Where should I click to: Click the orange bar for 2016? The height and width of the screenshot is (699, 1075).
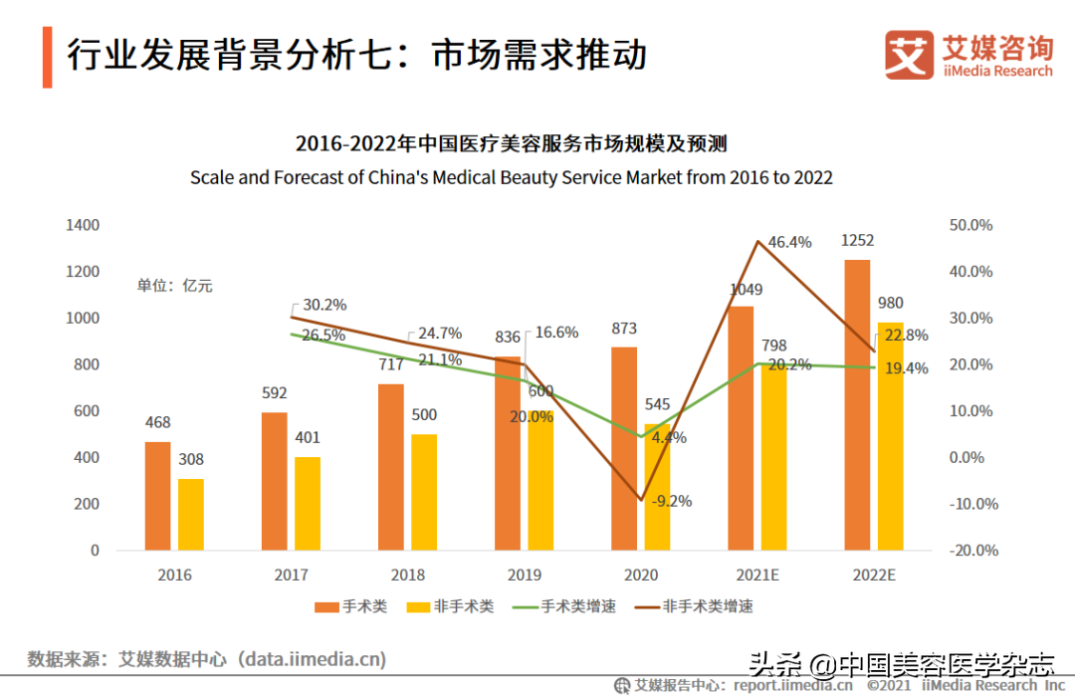point(157,496)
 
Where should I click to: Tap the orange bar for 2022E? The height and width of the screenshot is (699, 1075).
point(857,404)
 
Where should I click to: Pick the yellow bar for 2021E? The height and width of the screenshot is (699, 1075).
point(774,457)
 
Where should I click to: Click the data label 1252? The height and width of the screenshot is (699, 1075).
point(857,240)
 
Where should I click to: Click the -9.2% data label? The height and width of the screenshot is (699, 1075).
point(671,501)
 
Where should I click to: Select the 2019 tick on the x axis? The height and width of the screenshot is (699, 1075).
point(525,575)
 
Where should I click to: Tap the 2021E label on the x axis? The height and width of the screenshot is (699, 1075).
point(757,575)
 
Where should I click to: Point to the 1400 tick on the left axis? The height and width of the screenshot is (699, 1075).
point(83,225)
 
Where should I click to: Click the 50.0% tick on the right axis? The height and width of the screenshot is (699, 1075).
point(972,225)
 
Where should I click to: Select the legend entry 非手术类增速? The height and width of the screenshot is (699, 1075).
point(707,605)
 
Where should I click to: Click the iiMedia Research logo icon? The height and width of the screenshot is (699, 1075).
point(909,56)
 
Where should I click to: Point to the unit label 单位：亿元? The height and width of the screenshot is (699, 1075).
point(175,286)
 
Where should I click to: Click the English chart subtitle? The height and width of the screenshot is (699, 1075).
point(512,178)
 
